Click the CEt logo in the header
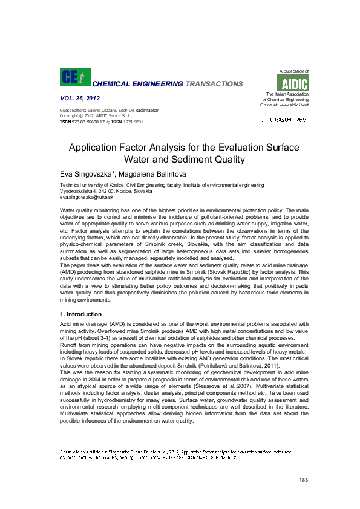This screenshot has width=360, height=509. (73, 77)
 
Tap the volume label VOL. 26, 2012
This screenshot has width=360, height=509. (80, 98)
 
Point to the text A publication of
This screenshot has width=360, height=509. (293, 71)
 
